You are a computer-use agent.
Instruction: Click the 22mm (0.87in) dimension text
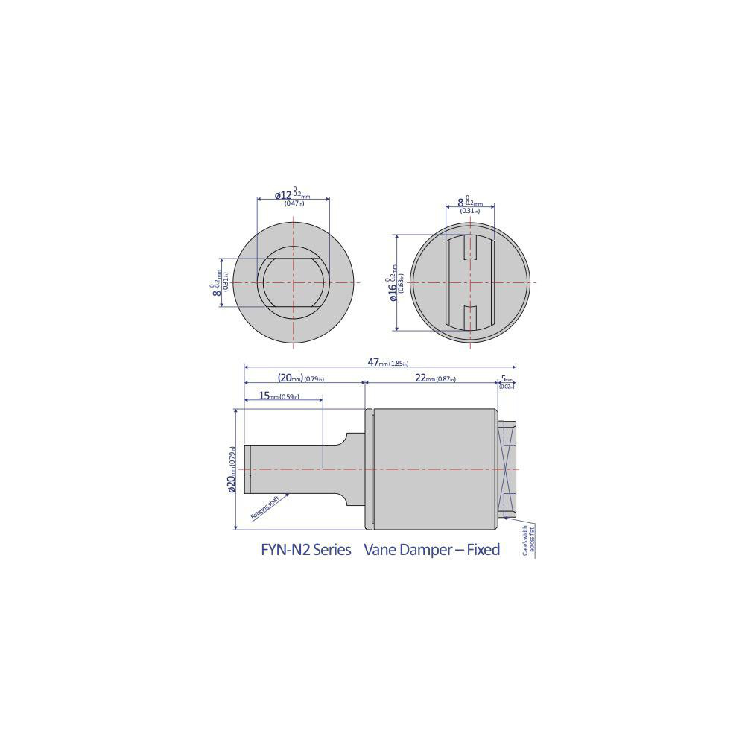[436, 378]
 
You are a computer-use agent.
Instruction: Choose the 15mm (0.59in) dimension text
[279, 397]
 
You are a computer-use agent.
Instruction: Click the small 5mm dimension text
[507, 378]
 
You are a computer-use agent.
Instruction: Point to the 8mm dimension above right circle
[468, 203]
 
